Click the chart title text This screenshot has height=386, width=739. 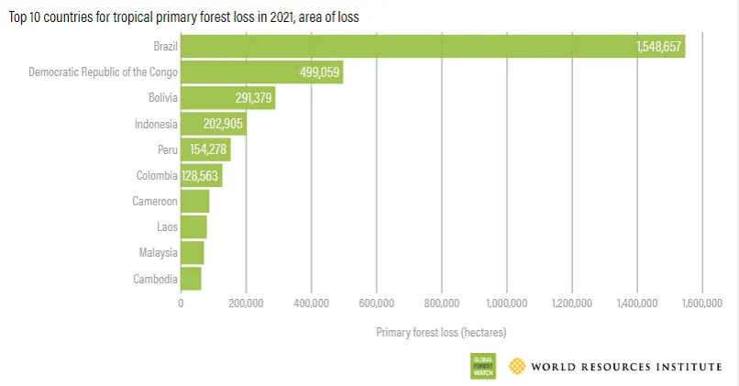pos(183,17)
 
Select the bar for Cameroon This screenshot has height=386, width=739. pos(195,201)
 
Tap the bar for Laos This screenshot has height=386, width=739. pos(193,226)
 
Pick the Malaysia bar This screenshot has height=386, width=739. pos(193,252)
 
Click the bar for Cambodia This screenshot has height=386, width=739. pos(191,278)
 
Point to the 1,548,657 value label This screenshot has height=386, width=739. pos(658,47)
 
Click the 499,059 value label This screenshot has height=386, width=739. pos(320,72)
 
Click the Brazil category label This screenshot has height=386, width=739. pos(165,46)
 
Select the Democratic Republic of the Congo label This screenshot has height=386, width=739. pos(103,72)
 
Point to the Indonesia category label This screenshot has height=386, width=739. pos(155,123)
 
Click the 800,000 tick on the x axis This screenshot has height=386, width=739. pos(442,303)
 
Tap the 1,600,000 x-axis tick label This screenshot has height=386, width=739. pos(702,303)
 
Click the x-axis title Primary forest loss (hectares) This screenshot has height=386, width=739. pos(441,332)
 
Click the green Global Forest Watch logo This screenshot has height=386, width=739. pos(481,365)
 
